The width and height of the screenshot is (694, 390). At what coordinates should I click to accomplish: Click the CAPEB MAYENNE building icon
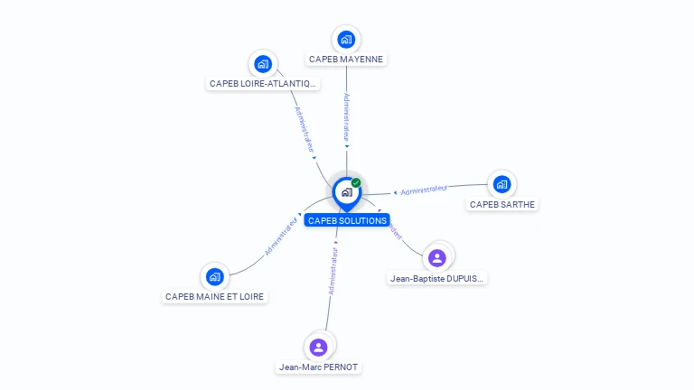[346, 40]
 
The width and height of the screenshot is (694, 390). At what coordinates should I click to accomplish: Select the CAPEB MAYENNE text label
[346, 60]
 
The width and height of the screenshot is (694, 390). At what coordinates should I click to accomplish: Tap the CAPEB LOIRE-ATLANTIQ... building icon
[263, 64]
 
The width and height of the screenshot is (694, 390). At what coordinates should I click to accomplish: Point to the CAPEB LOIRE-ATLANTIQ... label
[263, 84]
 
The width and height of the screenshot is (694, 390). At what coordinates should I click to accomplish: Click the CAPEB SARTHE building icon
[502, 185]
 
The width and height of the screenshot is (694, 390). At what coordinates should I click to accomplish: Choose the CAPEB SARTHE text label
[502, 204]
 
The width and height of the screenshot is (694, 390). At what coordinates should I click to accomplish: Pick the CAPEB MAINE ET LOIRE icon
[214, 276]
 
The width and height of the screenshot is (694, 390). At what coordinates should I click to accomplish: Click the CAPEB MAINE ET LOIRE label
[216, 296]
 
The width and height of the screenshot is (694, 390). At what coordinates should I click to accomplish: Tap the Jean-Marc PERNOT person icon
[318, 348]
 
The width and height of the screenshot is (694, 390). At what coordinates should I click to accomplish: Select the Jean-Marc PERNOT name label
[318, 367]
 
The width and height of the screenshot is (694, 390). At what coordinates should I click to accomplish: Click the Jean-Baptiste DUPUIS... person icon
[437, 258]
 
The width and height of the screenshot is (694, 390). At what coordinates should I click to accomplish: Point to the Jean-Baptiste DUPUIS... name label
[437, 279]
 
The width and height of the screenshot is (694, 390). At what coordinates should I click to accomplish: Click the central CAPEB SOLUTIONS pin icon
[346, 192]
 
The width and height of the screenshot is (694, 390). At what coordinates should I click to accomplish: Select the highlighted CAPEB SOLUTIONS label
[347, 220]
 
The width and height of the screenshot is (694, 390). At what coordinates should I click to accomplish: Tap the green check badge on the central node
[356, 182]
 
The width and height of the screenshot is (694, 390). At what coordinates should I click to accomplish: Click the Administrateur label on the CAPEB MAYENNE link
[346, 117]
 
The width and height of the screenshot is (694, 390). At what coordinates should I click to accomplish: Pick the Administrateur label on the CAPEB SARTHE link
[424, 190]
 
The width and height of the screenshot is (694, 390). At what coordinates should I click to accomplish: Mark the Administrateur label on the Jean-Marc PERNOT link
[333, 272]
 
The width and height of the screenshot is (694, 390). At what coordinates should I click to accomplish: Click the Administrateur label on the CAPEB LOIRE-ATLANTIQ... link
[305, 128]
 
